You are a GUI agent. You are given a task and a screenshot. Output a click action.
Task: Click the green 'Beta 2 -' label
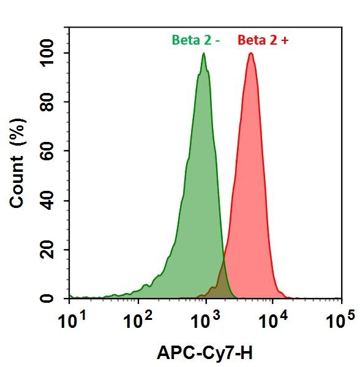tap(195, 41)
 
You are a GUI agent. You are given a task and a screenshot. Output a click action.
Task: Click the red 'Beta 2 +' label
tap(263, 41)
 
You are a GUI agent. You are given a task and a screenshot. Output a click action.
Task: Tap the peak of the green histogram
tap(203, 54)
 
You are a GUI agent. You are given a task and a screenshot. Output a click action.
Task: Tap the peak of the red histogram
tap(251, 54)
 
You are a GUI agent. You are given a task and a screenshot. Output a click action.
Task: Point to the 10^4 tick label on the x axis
tap(274, 321)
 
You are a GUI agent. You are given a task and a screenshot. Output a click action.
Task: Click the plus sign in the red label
tap(284, 41)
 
